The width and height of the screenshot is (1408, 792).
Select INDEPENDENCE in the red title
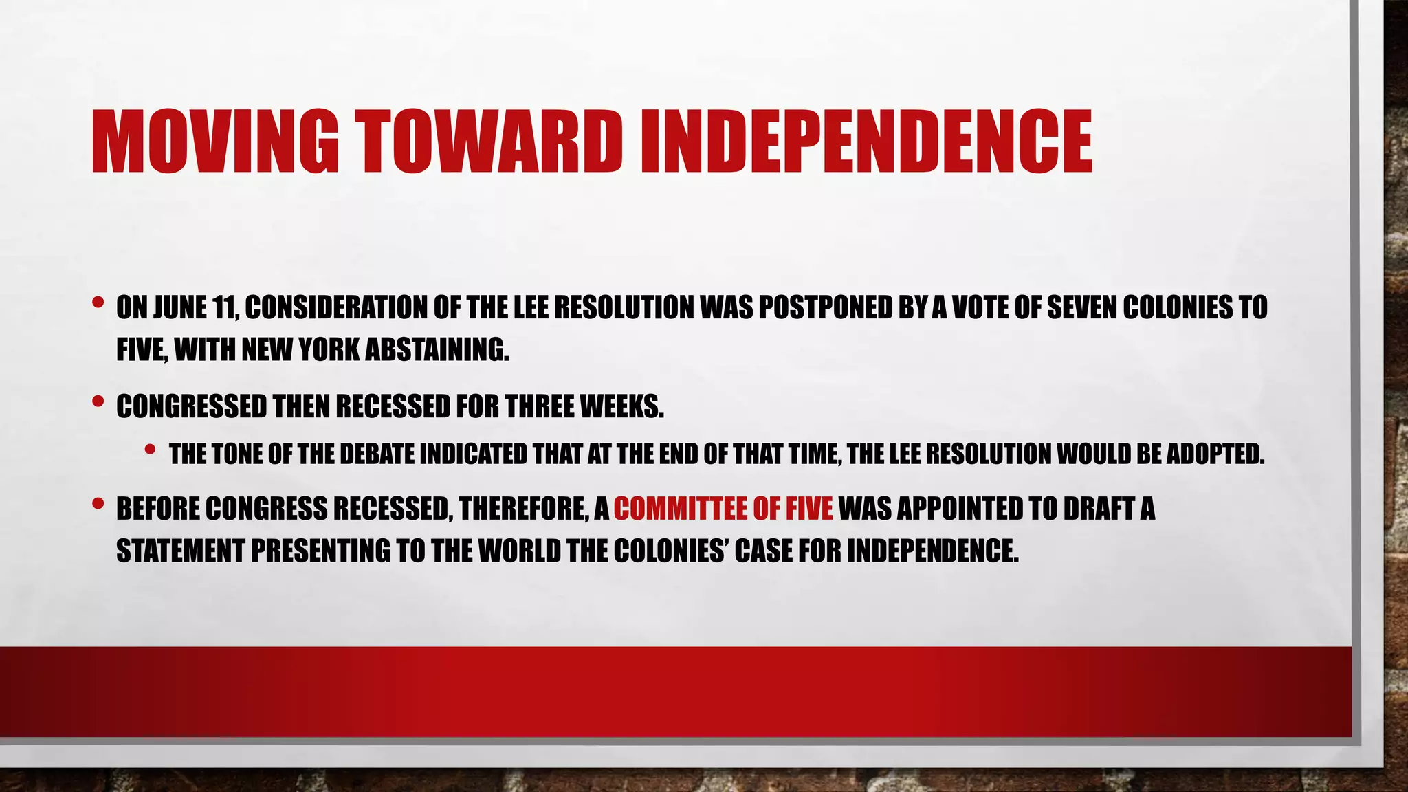pyautogui.click(x=866, y=142)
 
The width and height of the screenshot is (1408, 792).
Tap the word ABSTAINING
pyautogui.click(x=437, y=351)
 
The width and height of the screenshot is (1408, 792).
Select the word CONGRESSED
pyautogui.click(x=191, y=407)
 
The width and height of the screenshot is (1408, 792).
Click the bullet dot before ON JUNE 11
pyautogui.click(x=98, y=302)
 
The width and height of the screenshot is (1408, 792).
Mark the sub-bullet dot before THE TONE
pyautogui.click(x=151, y=449)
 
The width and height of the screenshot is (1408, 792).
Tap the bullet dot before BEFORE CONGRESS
pyautogui.click(x=98, y=504)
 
